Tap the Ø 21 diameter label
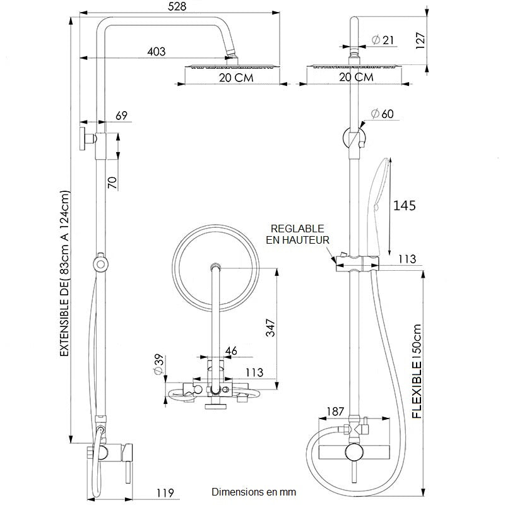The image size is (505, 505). click(x=383, y=40)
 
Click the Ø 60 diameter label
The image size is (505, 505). click(x=383, y=114)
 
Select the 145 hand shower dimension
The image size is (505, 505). click(x=405, y=205)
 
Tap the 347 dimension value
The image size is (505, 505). click(x=270, y=328)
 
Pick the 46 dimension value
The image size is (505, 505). click(x=231, y=350)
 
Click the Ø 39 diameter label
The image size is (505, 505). click(x=158, y=364)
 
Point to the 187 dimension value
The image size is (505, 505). click(x=335, y=412)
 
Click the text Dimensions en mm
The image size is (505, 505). click(x=253, y=492)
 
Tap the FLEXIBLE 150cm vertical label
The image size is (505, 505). click(x=417, y=372)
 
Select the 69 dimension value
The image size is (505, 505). click(x=122, y=115)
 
